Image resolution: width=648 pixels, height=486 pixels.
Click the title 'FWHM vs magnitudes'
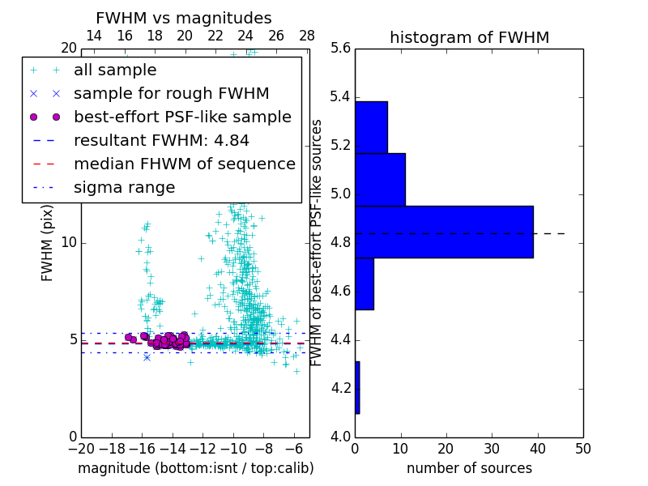coord(184,19)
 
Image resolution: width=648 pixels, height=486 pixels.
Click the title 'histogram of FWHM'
coord(469,38)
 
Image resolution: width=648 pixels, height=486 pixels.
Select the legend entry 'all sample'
coord(115,70)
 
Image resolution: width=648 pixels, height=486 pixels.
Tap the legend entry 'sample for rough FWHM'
coord(171,93)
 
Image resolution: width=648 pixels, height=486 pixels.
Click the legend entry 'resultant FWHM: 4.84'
coord(161,140)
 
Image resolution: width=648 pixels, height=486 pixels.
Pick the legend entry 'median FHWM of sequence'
coord(184,164)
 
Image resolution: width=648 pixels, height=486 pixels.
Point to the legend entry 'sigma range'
coord(124,187)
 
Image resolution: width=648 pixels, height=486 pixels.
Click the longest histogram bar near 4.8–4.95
coord(444,232)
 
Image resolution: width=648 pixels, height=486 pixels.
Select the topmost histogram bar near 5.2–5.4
coord(371,127)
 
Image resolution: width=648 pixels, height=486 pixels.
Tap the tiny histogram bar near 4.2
coord(357,387)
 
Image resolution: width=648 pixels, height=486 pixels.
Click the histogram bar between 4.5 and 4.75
coord(364,283)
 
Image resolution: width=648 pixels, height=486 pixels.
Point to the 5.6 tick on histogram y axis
coord(340,49)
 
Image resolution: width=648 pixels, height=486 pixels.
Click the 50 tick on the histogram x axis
coord(582,448)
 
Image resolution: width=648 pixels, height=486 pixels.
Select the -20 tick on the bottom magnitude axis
coord(81,448)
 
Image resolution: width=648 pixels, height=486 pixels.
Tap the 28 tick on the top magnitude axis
coord(307,36)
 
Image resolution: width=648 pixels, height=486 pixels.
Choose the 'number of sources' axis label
coord(469,468)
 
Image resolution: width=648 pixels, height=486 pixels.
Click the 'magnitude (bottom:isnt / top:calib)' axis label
coord(195,468)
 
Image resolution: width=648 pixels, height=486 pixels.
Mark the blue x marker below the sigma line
coord(147,356)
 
